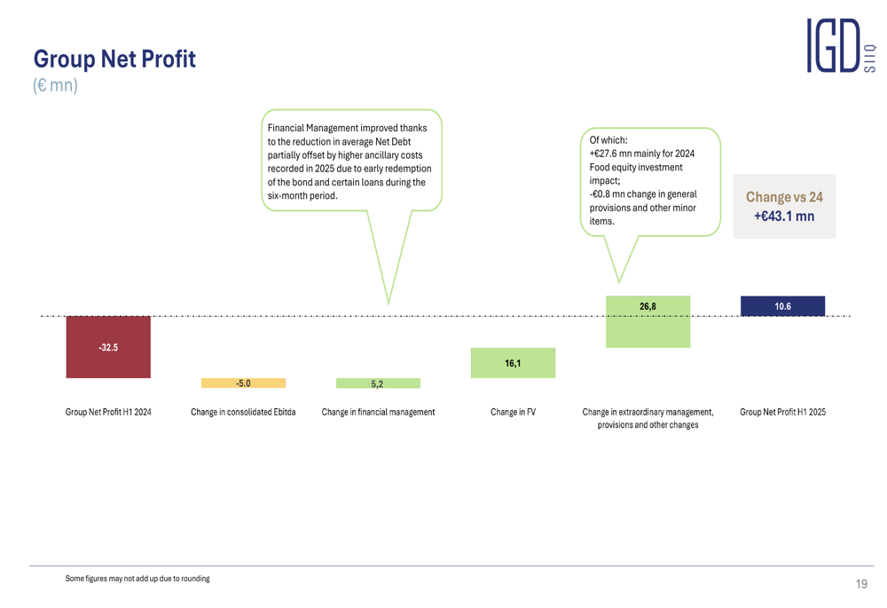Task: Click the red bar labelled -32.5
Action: pyautogui.click(x=108, y=347)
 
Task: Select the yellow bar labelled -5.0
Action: pyautogui.click(x=243, y=383)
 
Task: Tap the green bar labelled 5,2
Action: pyautogui.click(x=378, y=383)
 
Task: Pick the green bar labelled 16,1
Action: pyautogui.click(x=513, y=363)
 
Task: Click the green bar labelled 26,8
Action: pyautogui.click(x=648, y=321)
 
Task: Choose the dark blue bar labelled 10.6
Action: pyautogui.click(x=783, y=305)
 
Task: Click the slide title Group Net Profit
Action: pyautogui.click(x=114, y=59)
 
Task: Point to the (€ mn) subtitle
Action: pyautogui.click(x=55, y=85)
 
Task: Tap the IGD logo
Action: pyautogui.click(x=841, y=45)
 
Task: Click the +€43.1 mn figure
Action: pyautogui.click(x=784, y=217)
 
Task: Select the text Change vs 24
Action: pyautogui.click(x=784, y=197)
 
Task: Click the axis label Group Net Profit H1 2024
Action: pyautogui.click(x=108, y=412)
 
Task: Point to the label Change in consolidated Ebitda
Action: pyautogui.click(x=243, y=412)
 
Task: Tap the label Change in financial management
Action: pyautogui.click(x=378, y=412)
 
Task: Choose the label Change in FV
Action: pyautogui.click(x=513, y=412)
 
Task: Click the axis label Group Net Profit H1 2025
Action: pyautogui.click(x=783, y=412)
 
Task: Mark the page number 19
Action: pyautogui.click(x=861, y=584)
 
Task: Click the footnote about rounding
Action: pyautogui.click(x=137, y=579)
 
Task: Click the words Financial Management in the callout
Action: pyautogui.click(x=313, y=128)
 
